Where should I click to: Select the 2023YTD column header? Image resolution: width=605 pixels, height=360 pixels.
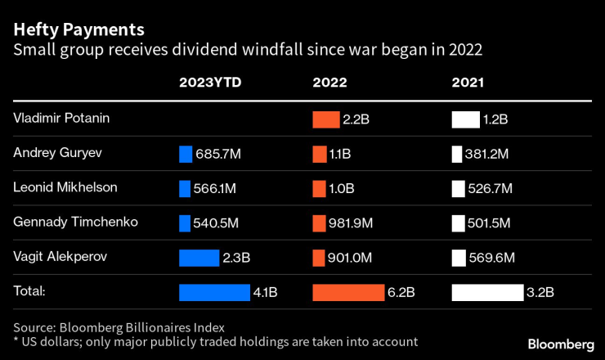coord(211,83)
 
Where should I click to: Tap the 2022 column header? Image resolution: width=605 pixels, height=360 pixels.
coord(330,83)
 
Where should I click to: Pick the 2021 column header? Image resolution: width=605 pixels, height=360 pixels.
coord(468,83)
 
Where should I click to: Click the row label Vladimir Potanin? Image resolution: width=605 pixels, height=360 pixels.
coord(61,118)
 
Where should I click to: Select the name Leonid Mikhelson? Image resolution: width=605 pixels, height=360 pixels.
coord(65,187)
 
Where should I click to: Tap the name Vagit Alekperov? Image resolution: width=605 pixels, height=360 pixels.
coord(60,256)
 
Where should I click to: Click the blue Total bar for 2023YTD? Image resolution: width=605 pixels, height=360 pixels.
coord(214,292)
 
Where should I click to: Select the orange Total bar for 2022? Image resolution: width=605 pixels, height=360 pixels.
coord(348,292)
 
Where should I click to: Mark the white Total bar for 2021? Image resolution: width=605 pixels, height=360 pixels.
coord(488,292)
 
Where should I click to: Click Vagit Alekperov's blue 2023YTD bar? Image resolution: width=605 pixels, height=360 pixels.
coord(199,258)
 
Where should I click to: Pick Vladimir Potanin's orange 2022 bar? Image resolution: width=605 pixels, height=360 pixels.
coord(325,119)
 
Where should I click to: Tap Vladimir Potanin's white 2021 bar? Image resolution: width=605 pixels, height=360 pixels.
coord(465,119)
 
